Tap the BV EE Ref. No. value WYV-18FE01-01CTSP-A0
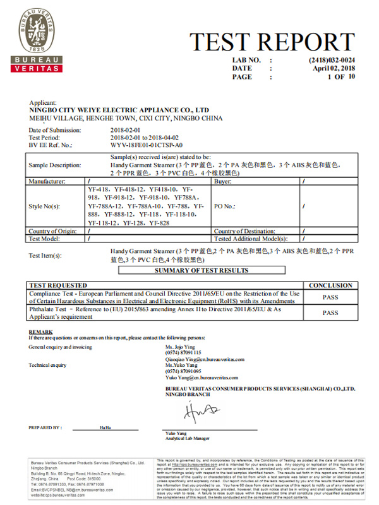click(149, 145)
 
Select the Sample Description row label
click(55, 165)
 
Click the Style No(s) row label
click(48, 206)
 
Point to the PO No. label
click(225, 206)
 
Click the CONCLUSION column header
click(330, 285)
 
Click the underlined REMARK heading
click(40, 331)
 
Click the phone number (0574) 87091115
click(183, 353)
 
